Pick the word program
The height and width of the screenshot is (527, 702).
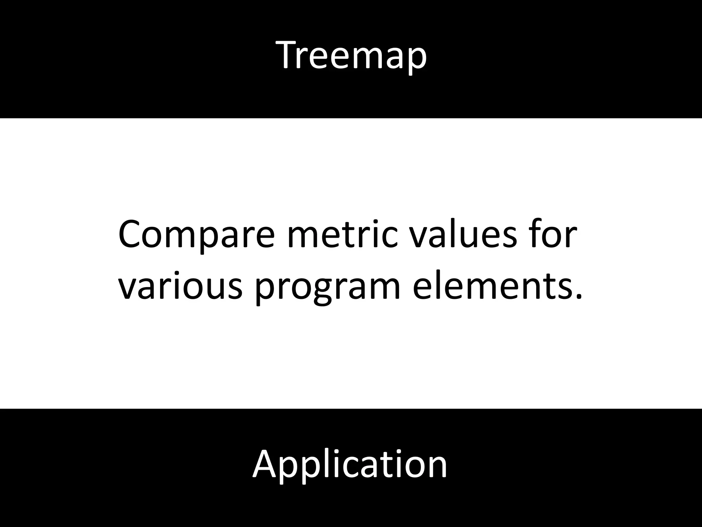point(328,288)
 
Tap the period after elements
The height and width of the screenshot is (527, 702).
point(578,297)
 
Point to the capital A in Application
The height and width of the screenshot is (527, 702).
point(264,464)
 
